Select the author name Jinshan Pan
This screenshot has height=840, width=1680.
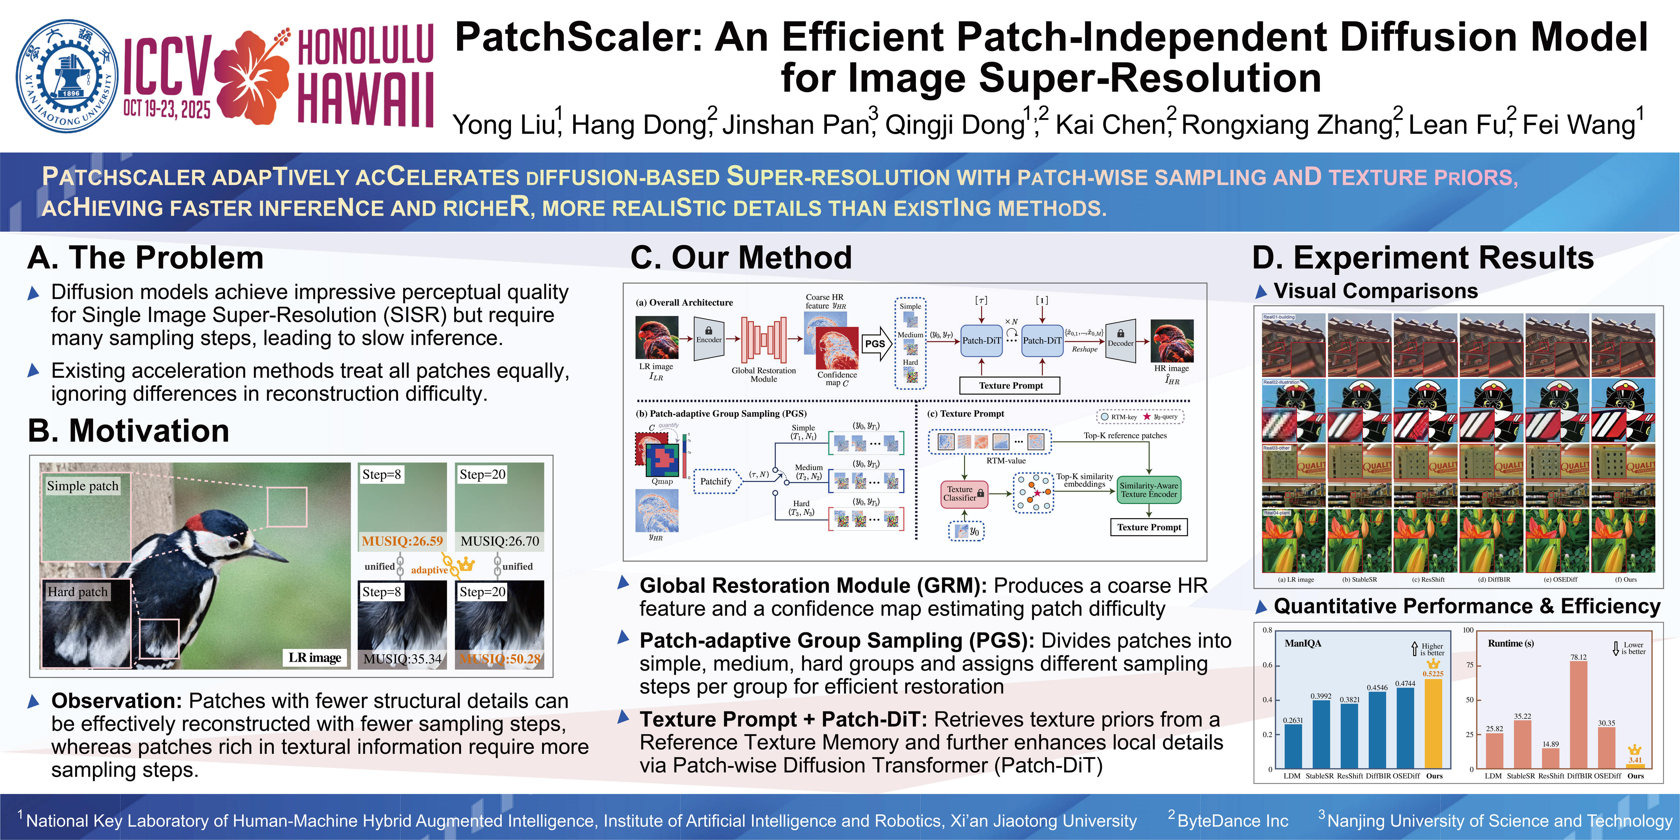[794, 125]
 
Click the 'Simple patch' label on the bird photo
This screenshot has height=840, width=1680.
[83, 486]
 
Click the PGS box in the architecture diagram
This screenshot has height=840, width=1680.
[874, 344]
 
